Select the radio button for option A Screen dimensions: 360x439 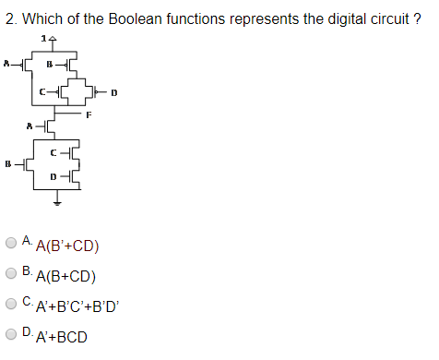click(11, 243)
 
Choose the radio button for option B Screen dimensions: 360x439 click(11, 272)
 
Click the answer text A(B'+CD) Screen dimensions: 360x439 click(66, 246)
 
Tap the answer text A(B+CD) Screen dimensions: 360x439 click(65, 276)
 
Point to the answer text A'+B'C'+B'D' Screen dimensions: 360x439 click(77, 306)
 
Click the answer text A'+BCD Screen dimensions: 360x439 click(61, 337)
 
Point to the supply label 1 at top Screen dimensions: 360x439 click(43, 38)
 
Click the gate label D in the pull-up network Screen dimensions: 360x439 click(113, 92)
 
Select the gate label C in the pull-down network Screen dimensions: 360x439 click(53, 151)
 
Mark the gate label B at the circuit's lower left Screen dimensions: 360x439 click(8, 163)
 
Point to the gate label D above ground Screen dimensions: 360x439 click(53, 174)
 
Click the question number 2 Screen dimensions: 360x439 click(8, 18)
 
